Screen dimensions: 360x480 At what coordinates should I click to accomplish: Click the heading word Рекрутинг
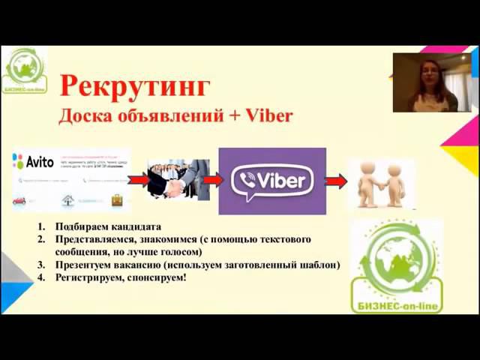(x=133, y=85)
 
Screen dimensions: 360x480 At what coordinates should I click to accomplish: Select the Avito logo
(x=34, y=160)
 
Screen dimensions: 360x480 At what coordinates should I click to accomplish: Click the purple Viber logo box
(x=272, y=181)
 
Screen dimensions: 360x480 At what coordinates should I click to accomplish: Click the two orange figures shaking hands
(x=380, y=182)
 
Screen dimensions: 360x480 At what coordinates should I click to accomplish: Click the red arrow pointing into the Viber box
(x=212, y=181)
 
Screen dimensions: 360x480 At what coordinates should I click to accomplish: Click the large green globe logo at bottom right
(x=397, y=266)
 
